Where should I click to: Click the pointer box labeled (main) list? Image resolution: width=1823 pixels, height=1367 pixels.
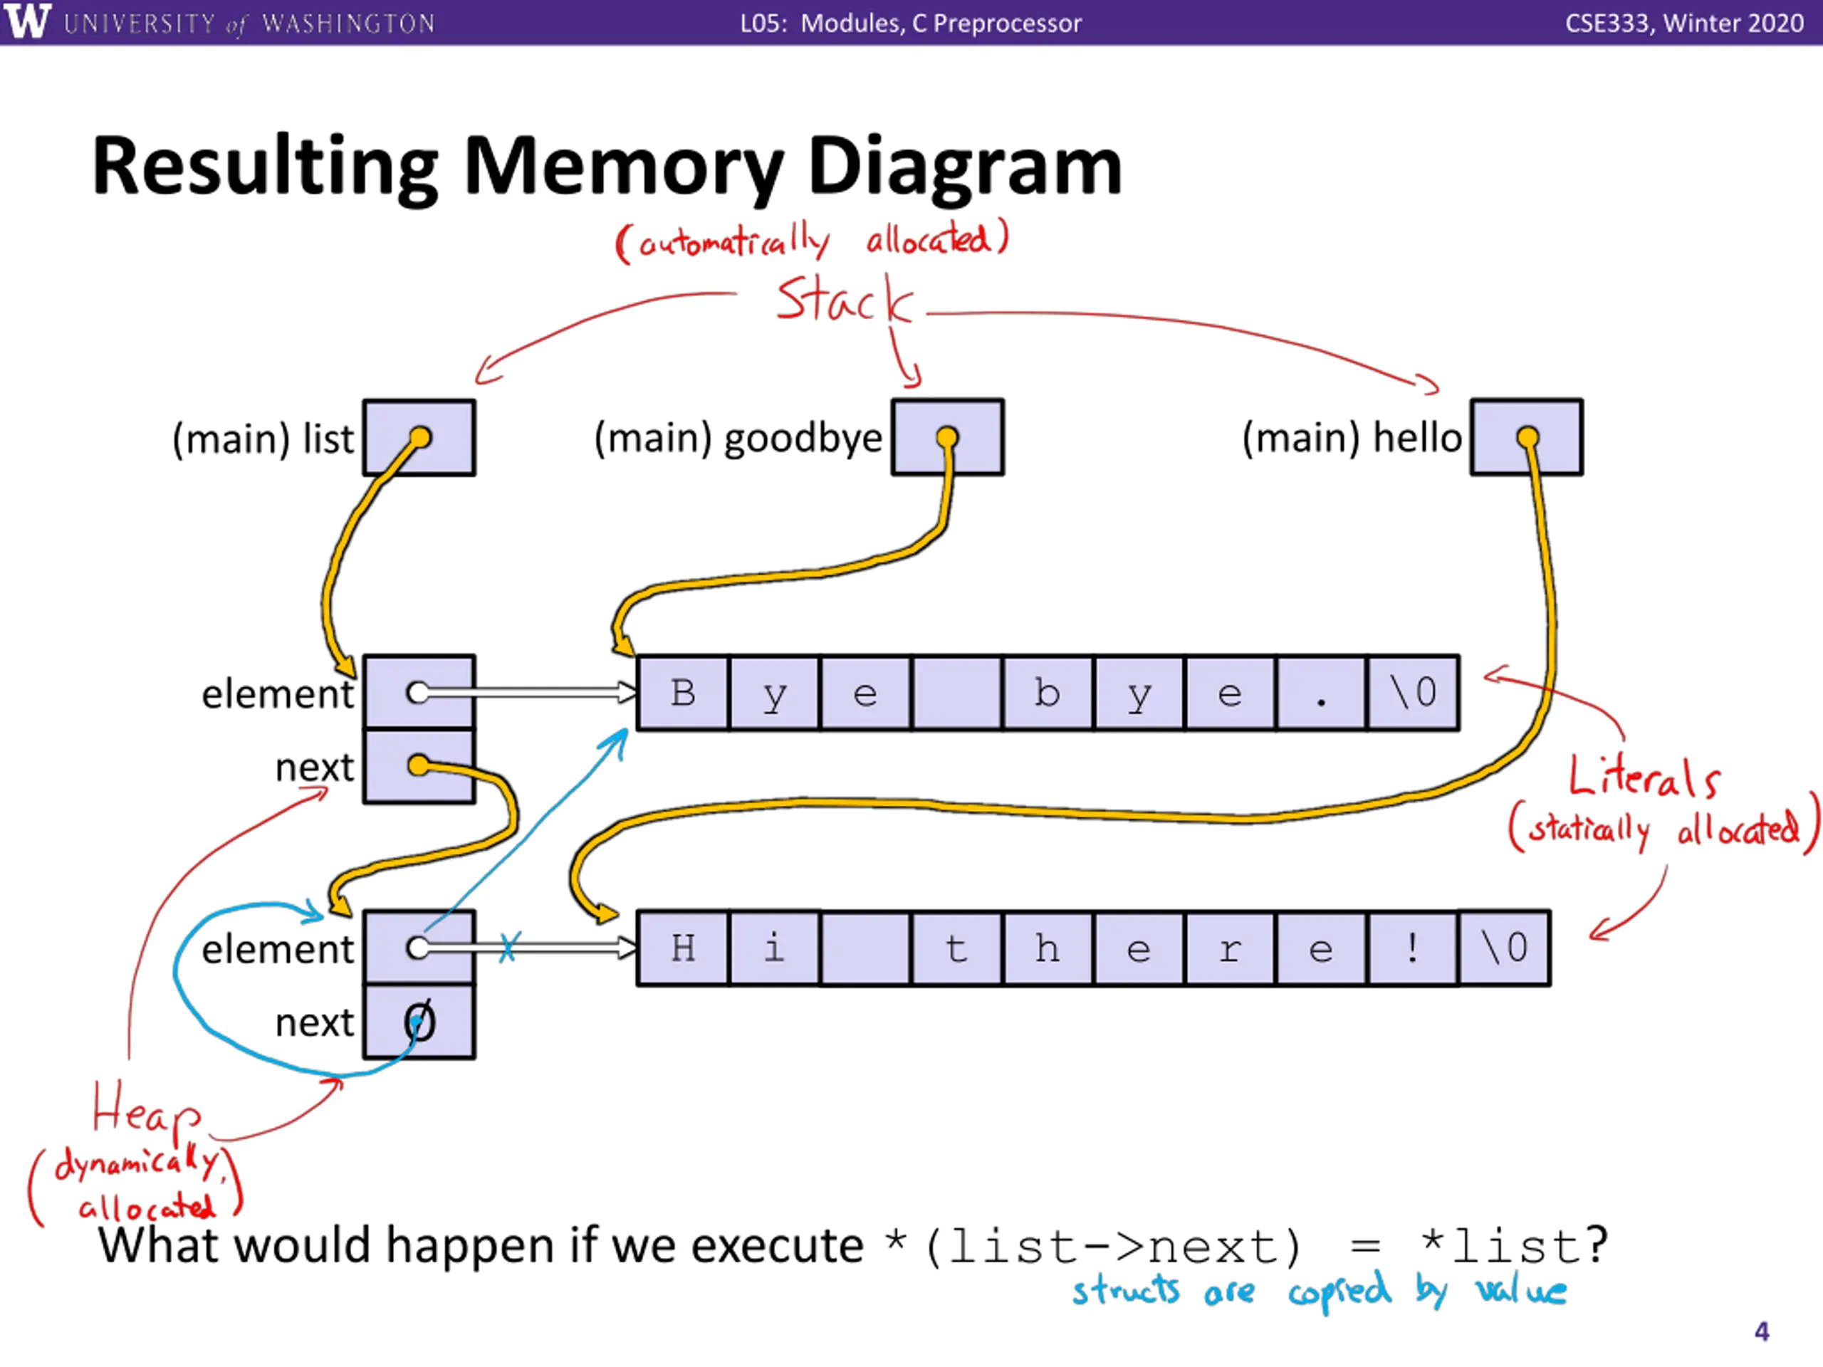419,438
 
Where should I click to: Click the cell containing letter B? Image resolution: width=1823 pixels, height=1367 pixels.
683,693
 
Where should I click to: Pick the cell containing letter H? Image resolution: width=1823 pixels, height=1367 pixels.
683,948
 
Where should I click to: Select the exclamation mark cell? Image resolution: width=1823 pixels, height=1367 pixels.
1413,948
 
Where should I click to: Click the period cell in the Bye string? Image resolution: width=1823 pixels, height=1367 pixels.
1321,693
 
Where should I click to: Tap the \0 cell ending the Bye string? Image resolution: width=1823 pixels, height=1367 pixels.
1413,693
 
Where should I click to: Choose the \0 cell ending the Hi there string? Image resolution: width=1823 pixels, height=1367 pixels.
1504,948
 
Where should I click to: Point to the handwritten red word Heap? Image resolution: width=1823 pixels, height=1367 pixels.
145,1110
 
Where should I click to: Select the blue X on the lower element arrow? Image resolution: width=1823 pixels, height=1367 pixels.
508,947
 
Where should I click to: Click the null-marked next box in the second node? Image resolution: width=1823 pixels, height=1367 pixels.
419,1022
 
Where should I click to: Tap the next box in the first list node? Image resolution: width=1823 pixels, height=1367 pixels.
419,766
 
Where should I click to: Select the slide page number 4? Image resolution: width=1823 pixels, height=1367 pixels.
1761,1331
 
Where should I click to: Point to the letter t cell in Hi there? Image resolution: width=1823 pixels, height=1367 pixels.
956,948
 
